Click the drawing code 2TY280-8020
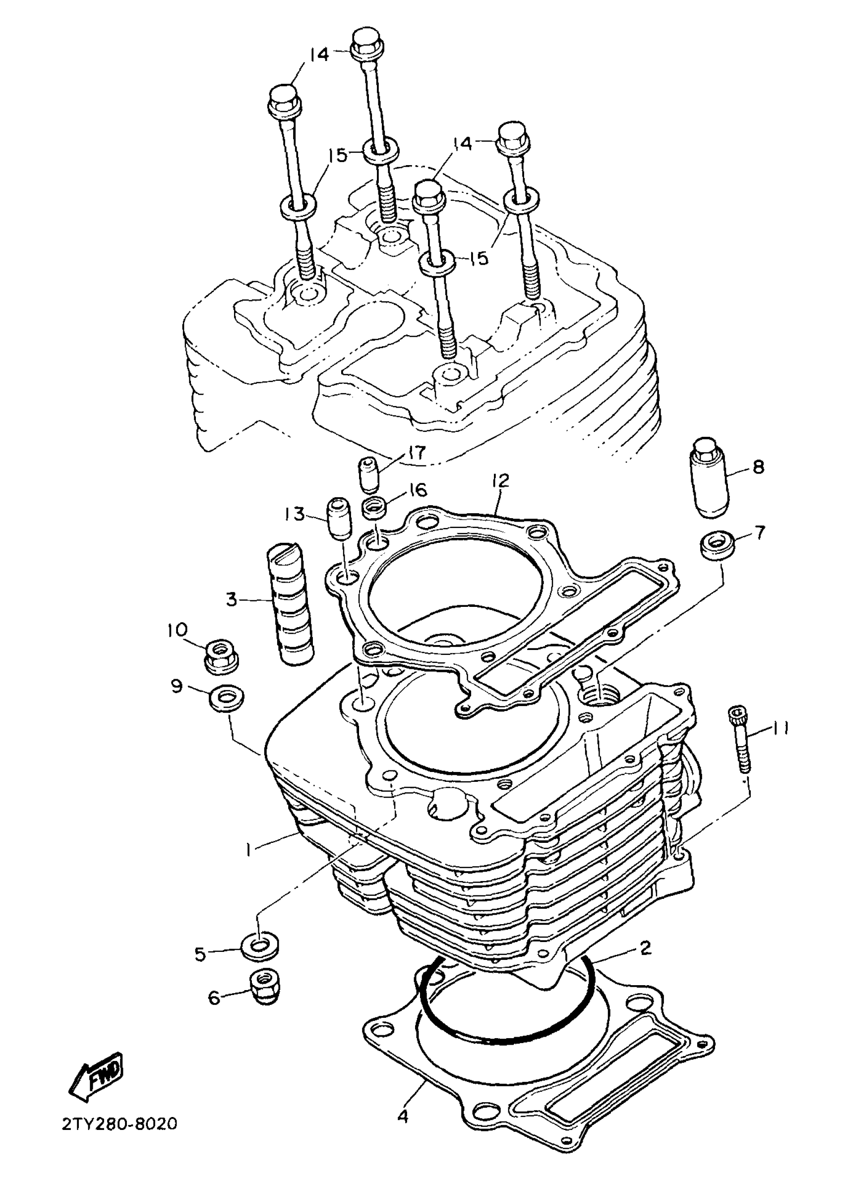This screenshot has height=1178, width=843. (x=120, y=1124)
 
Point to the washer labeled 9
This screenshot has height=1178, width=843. (x=226, y=697)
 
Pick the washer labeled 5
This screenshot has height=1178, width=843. (x=258, y=946)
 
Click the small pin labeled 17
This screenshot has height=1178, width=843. (x=368, y=473)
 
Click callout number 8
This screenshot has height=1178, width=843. (x=758, y=467)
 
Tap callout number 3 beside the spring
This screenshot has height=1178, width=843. (x=231, y=600)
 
